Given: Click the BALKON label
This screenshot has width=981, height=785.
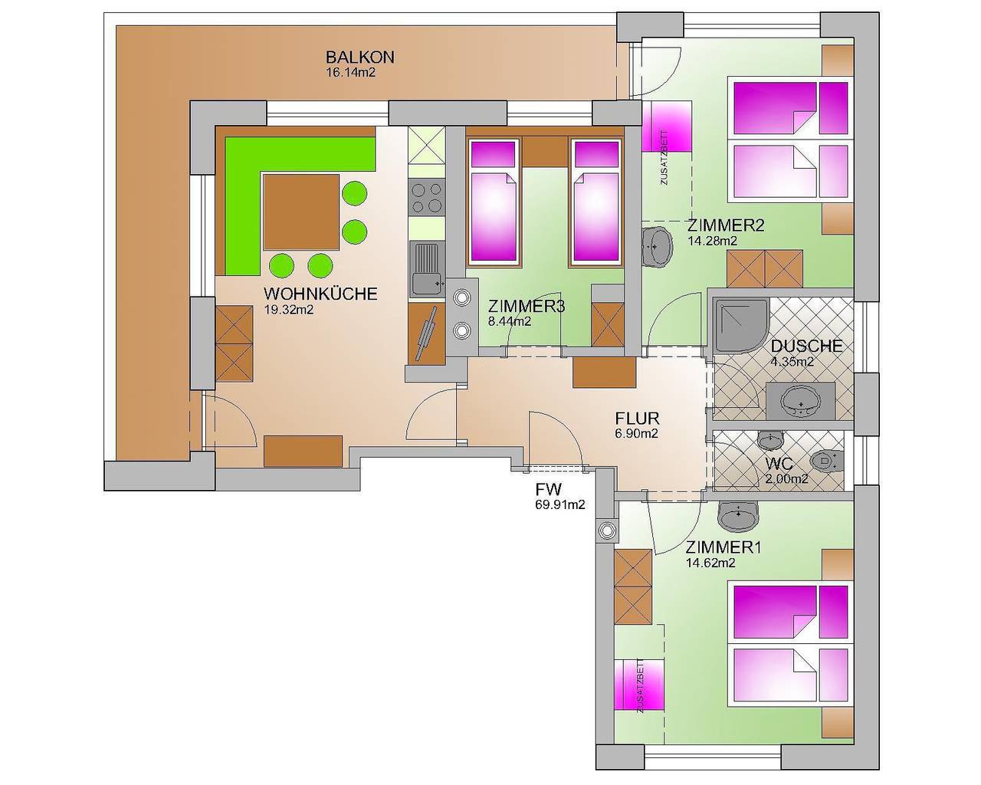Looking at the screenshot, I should [359, 57].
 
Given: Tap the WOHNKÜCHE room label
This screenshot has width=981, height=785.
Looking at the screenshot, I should [320, 294].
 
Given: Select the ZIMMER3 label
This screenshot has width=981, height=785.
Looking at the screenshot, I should [527, 307].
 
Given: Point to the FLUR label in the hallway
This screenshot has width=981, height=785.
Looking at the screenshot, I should [637, 419].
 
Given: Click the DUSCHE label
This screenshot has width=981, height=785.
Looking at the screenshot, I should [807, 346].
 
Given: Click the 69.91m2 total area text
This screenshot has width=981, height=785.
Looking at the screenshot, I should [560, 504].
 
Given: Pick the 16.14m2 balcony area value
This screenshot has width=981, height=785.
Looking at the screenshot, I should [350, 74].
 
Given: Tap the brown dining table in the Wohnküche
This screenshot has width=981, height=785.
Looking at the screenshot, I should [300, 211].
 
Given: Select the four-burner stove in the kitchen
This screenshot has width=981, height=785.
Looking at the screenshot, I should [427, 198].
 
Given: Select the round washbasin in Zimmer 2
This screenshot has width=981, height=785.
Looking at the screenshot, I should [657, 245].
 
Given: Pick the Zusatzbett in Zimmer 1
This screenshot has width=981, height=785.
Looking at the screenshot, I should [639, 685].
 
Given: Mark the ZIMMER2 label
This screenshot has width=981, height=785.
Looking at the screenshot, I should [725, 225].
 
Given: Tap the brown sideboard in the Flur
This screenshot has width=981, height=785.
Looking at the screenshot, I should [604, 373].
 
